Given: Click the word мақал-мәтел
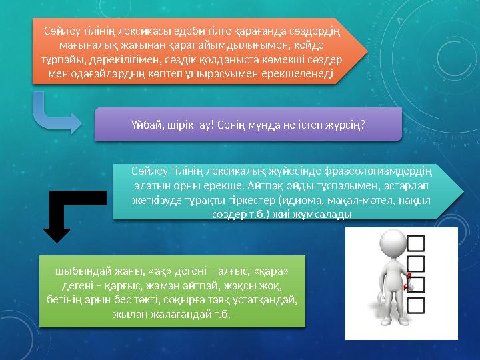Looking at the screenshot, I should [377, 199].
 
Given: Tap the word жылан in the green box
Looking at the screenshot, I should [131, 313].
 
